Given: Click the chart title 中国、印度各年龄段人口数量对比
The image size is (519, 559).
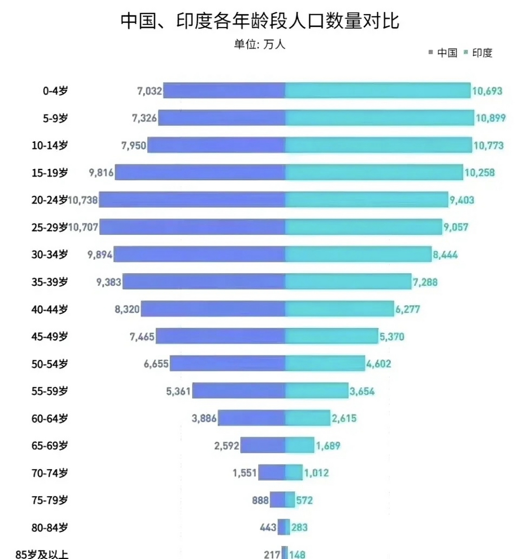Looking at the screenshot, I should tap(259, 21).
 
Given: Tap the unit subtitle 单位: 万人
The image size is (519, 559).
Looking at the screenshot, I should tap(259, 44).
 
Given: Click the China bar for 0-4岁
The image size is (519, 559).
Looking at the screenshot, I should tap(224, 90).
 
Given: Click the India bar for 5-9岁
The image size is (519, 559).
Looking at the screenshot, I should tap(380, 118).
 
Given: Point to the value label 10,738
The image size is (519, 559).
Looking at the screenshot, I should tap(83, 200).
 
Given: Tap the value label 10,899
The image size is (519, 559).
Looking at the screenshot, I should tap(490, 118).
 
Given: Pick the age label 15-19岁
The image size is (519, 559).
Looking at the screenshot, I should tap(50, 173).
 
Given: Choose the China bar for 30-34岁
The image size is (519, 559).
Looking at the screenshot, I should tap(200, 254).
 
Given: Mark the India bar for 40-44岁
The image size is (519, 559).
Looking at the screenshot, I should tap(339, 309).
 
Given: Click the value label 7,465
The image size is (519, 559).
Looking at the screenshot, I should tap(142, 337).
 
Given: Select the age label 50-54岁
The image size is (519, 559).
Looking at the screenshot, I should tap(50, 364).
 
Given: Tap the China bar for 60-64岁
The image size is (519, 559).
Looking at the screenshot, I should tap(252, 418).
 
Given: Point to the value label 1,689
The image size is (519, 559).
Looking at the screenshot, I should tap(328, 446).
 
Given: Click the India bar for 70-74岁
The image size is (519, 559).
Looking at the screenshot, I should tap(294, 473).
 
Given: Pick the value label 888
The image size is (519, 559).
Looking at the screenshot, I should tap(260, 500).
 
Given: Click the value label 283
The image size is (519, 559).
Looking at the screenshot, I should tap(299, 527).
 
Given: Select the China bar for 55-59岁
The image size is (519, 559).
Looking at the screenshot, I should tap(239, 391).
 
